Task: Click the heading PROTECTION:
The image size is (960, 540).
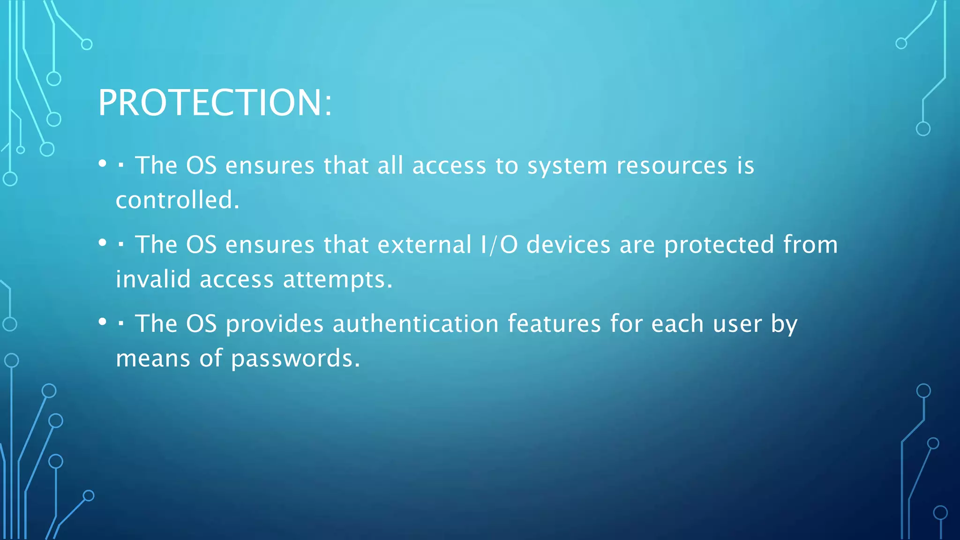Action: click(x=215, y=103)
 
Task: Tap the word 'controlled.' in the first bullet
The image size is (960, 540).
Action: click(x=178, y=200)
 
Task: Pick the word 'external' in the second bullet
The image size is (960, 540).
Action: click(x=424, y=245)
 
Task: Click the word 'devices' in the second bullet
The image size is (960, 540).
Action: click(x=569, y=245)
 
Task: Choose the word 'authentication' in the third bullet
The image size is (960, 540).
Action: click(x=416, y=324)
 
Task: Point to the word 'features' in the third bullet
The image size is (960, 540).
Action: click(x=554, y=324)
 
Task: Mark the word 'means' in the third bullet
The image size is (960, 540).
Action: click(x=153, y=359)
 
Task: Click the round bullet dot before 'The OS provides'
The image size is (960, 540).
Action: click(x=103, y=322)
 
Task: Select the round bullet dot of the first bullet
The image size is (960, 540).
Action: click(x=103, y=164)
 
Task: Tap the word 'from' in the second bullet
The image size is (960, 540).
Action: click(x=810, y=245)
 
